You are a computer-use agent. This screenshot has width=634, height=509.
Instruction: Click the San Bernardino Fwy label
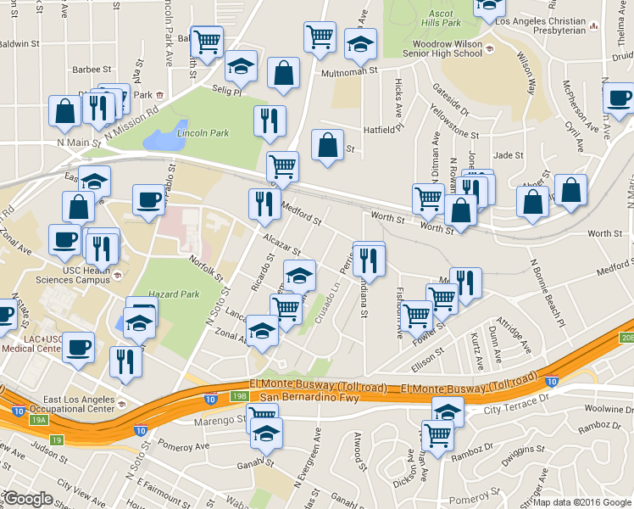coord(309,397)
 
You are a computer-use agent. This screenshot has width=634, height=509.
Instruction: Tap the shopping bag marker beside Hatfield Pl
coord(327,145)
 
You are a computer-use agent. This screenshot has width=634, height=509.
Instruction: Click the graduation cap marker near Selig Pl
coord(242,65)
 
